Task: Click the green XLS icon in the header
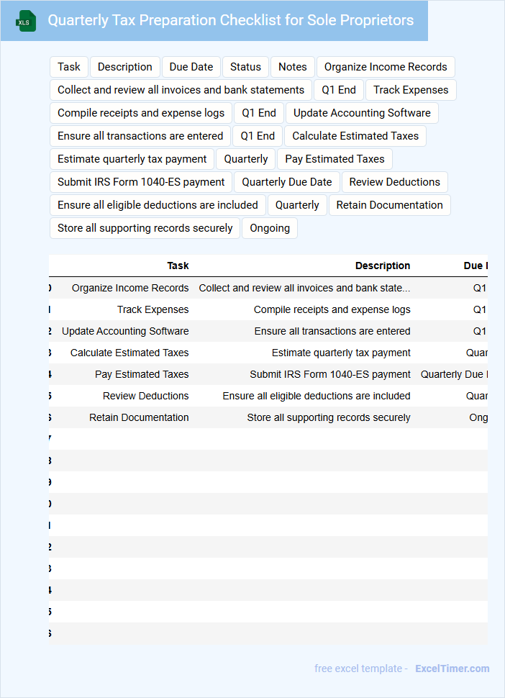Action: click(x=25, y=22)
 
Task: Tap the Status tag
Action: click(x=245, y=67)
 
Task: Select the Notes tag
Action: click(x=293, y=67)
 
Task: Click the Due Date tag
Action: click(x=191, y=67)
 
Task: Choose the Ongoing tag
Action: click(x=270, y=228)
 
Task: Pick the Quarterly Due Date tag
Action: click(x=287, y=182)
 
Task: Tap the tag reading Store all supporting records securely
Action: click(x=145, y=228)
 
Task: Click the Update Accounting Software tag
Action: click(x=362, y=113)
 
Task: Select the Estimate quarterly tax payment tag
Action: click(x=132, y=159)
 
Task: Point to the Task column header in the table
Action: click(x=178, y=266)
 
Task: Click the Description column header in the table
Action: click(x=383, y=266)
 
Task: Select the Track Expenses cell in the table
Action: click(x=153, y=309)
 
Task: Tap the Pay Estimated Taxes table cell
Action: click(x=142, y=374)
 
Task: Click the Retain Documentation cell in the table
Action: click(x=139, y=417)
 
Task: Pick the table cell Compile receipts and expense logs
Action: click(x=332, y=309)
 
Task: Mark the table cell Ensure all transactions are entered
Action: click(x=332, y=331)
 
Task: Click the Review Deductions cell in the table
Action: click(x=145, y=396)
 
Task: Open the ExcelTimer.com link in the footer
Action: click(x=452, y=668)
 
